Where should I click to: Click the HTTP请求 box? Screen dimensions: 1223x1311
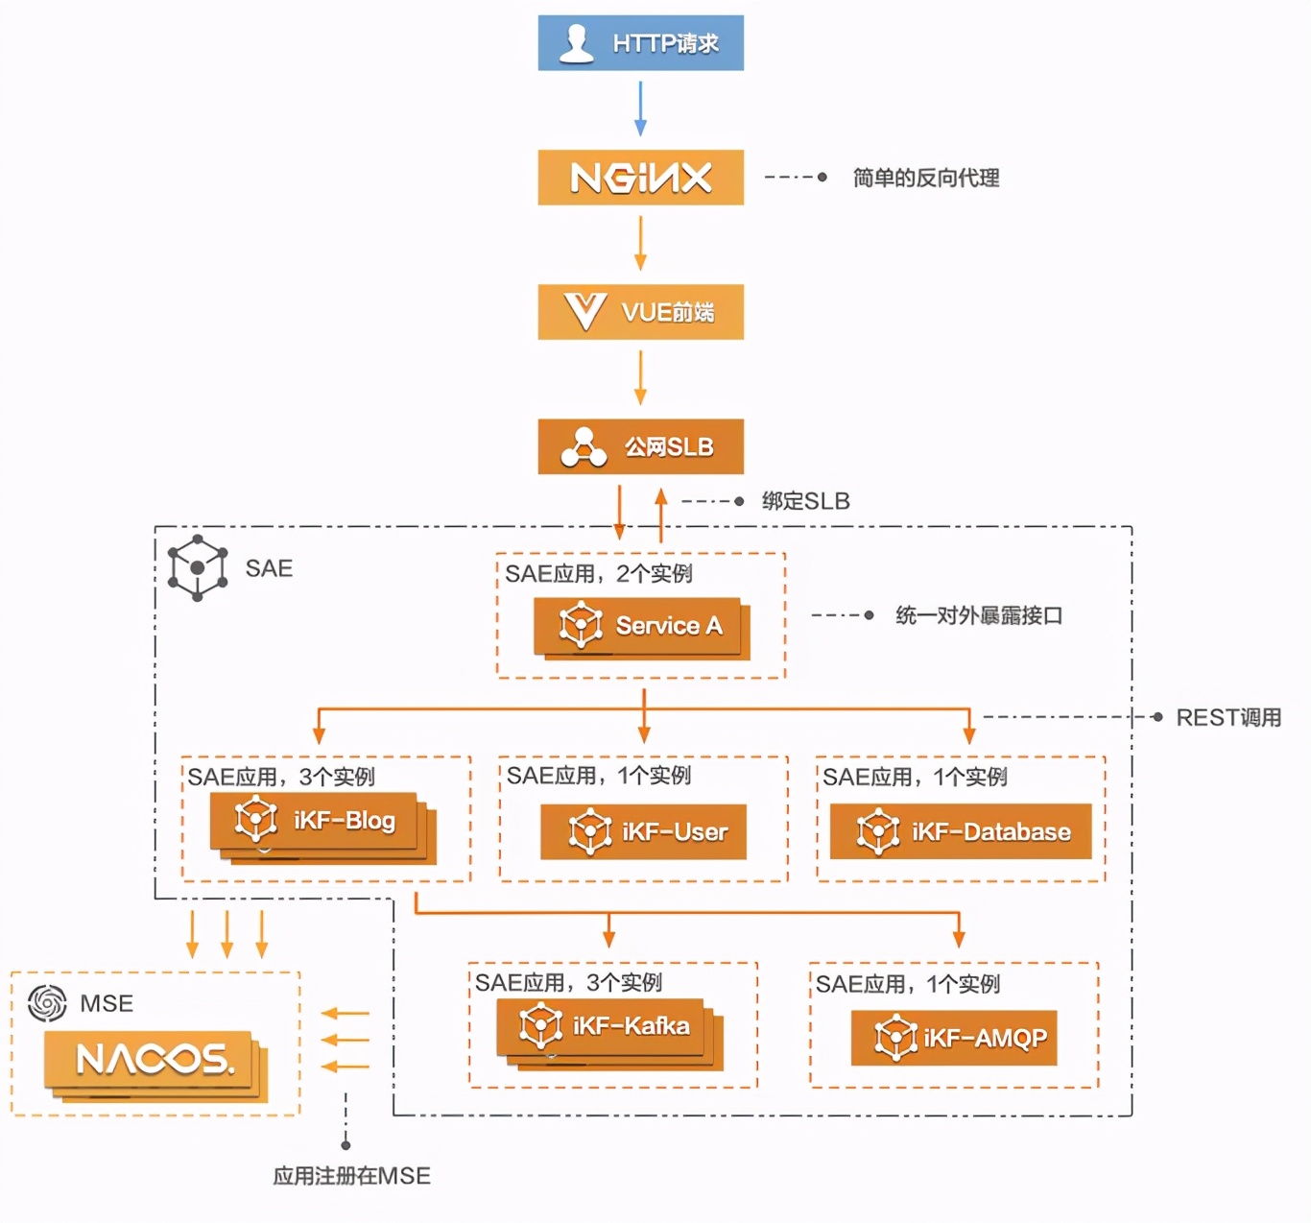(x=640, y=43)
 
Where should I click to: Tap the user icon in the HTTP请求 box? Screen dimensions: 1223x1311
(x=576, y=43)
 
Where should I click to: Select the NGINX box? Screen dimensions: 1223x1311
(x=640, y=178)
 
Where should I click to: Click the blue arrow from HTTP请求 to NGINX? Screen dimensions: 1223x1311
(x=640, y=108)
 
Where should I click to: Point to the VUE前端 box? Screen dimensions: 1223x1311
(x=640, y=312)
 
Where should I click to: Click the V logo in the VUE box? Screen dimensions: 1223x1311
(x=584, y=312)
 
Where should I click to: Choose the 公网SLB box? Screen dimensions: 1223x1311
(x=640, y=446)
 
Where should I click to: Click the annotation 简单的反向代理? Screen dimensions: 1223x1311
(x=925, y=178)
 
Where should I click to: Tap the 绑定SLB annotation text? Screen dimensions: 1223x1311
(x=805, y=501)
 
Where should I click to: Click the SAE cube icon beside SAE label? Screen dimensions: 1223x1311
(x=198, y=568)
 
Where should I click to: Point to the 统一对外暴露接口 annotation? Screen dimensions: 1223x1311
(x=978, y=615)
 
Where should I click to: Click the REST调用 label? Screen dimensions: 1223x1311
(x=1228, y=717)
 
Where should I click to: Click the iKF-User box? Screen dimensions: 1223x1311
(x=643, y=831)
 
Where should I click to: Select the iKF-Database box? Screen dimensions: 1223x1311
(x=960, y=831)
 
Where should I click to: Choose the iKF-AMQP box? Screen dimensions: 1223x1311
(x=953, y=1038)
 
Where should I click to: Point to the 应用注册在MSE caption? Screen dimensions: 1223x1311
(x=351, y=1176)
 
